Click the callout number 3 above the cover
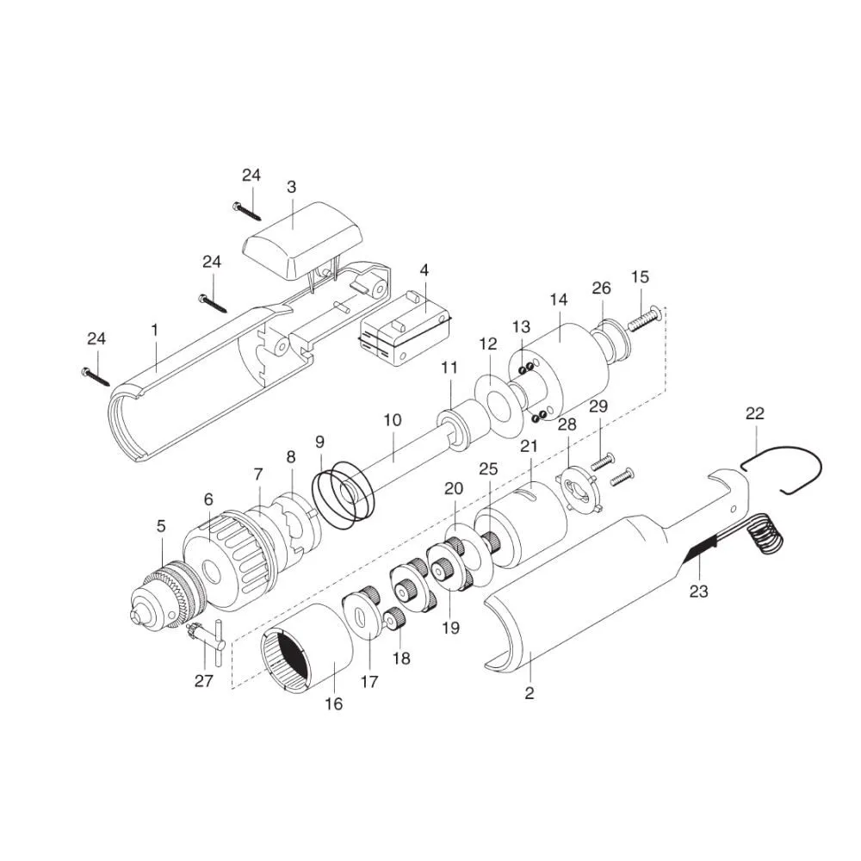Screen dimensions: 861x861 point(292,187)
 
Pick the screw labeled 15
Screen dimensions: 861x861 point(644,319)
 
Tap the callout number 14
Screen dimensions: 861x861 point(559,300)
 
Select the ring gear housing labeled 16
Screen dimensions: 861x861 point(307,648)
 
